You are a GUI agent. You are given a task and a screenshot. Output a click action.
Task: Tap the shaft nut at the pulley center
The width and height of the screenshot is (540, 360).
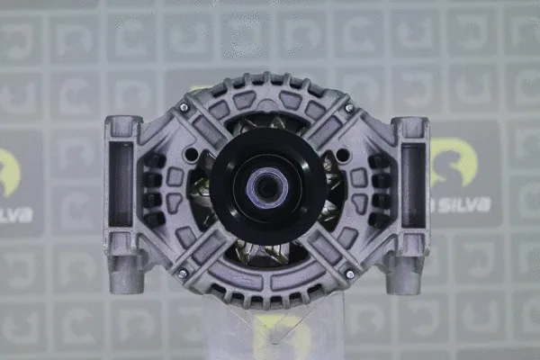point(267,188)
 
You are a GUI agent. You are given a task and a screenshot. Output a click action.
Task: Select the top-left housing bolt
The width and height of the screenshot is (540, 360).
point(184,108)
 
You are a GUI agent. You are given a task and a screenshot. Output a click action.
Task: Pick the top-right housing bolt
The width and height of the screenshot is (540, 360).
point(349,108)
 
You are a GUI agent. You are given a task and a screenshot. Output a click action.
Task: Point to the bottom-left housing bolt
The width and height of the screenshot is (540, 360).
point(183,273)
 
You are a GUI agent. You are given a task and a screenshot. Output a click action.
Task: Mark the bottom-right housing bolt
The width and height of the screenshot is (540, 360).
point(349,273)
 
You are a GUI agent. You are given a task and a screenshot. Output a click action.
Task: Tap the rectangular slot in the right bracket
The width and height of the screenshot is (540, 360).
point(414,184)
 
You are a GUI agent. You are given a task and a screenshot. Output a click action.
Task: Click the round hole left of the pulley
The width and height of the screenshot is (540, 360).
point(192,156)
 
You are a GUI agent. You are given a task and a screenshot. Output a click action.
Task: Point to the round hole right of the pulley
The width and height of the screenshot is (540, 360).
point(342,156)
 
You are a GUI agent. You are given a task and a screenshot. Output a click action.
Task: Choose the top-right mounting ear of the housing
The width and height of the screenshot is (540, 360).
point(412,127)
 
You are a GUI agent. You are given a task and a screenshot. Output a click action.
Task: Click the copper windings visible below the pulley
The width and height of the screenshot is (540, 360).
point(267,252)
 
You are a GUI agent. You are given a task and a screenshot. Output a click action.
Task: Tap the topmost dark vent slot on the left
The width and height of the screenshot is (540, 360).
point(153,161)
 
